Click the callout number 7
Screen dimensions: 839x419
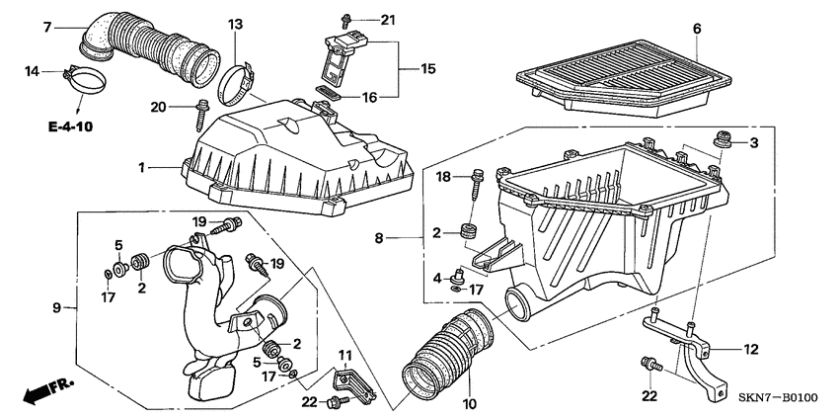coord(47,27)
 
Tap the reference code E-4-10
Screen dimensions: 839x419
coord(70,127)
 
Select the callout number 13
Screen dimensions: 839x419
coord(235,24)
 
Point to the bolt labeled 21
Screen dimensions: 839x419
coord(345,21)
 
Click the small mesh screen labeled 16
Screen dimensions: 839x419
coord(329,92)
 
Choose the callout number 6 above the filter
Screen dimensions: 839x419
coord(697,29)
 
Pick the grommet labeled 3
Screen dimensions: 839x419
coord(723,141)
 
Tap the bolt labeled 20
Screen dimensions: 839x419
coord(201,115)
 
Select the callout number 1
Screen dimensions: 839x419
coord(142,168)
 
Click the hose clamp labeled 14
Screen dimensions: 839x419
coord(86,80)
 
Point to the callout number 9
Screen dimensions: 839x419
coord(56,307)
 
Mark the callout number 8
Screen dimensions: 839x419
coord(379,238)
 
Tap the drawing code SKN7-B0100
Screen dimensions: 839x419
coord(778,397)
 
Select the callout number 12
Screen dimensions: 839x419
coord(751,350)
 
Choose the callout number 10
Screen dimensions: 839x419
coord(470,403)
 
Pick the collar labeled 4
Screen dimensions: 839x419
coord(458,276)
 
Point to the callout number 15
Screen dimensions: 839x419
coord(428,68)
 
